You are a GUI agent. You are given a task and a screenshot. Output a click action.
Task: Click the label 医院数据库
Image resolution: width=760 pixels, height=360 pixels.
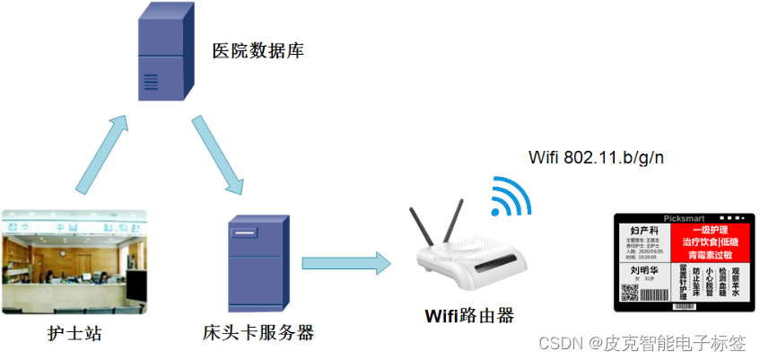(x=258, y=50)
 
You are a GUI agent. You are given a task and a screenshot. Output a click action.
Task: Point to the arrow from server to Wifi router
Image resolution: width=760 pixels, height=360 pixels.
(x=345, y=263)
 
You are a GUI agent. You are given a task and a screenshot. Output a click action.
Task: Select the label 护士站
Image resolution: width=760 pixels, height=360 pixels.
(x=74, y=334)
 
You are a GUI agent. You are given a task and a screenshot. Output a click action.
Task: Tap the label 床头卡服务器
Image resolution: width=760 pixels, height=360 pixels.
(x=258, y=333)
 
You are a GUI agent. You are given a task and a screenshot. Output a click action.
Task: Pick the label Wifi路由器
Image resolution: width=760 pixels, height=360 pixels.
(x=469, y=316)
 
